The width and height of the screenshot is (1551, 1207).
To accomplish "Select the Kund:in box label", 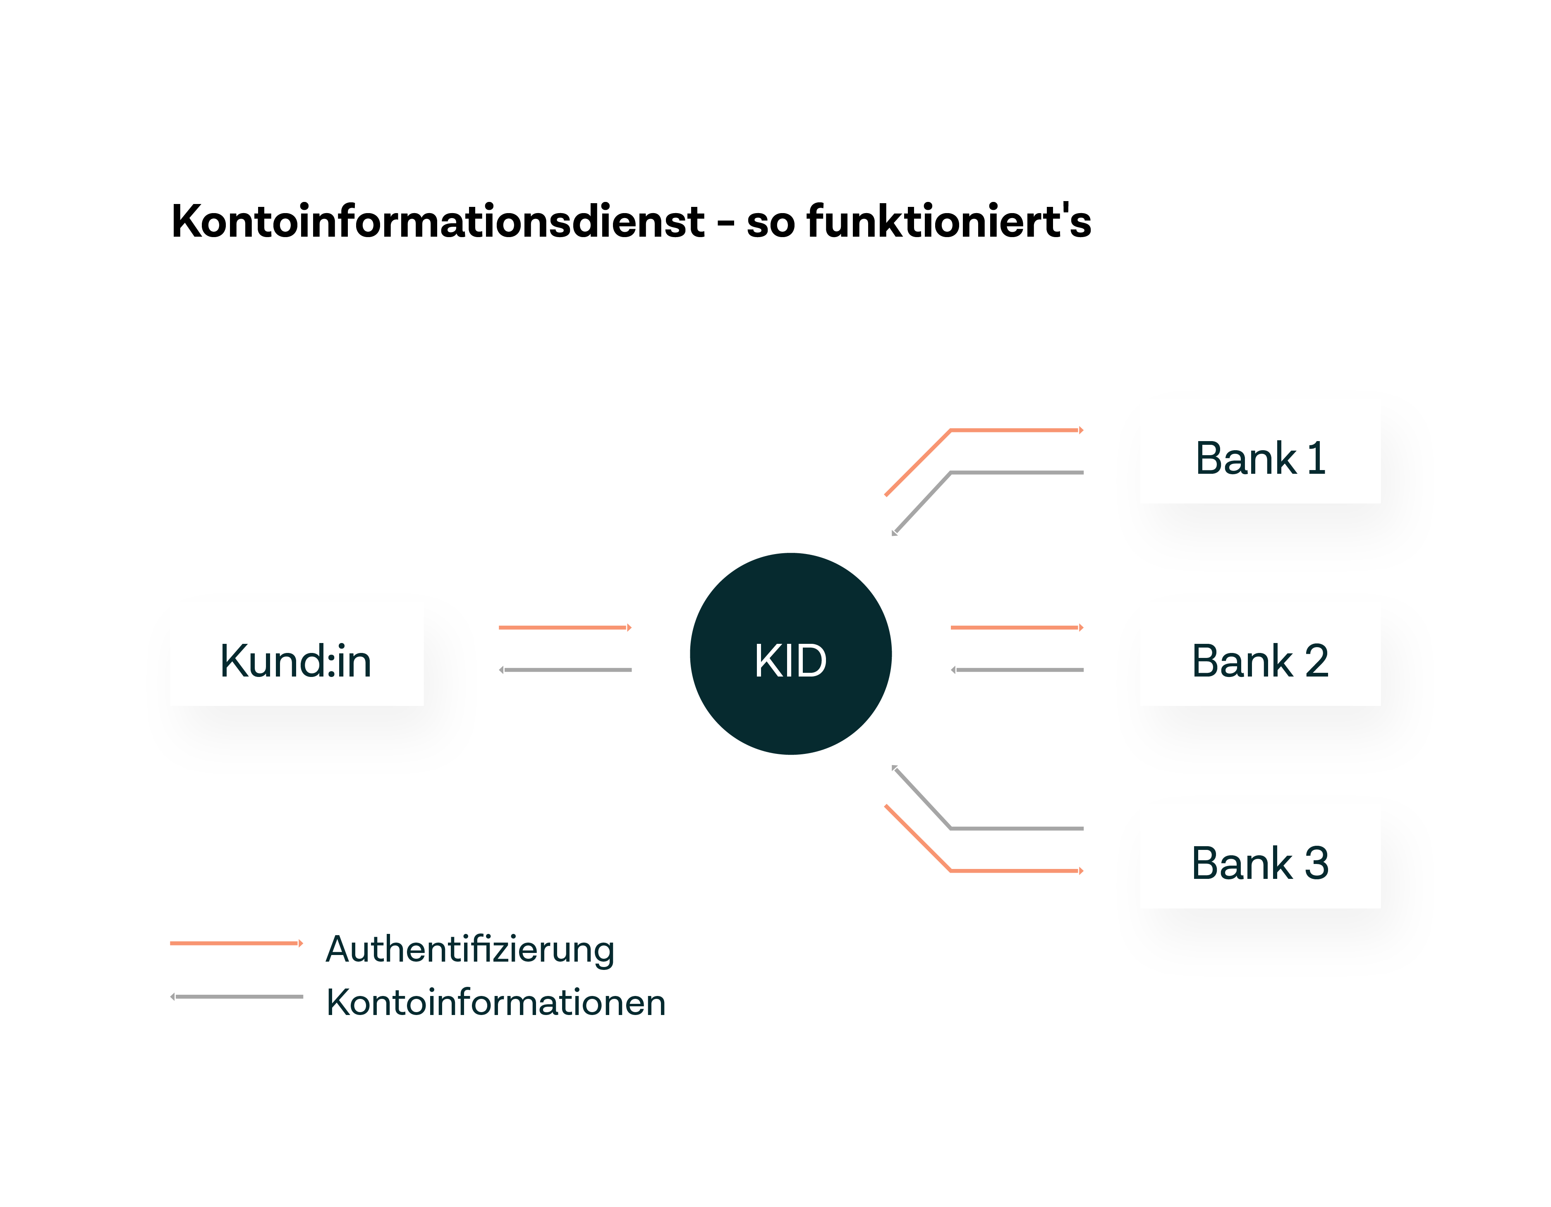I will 295,661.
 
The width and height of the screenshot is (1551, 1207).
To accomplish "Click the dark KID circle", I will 790,654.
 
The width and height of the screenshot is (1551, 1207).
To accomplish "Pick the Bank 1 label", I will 1261,458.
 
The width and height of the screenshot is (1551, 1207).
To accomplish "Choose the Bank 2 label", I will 1261,661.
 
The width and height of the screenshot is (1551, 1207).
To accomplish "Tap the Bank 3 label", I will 1261,863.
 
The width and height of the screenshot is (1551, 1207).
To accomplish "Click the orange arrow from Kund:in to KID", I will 565,627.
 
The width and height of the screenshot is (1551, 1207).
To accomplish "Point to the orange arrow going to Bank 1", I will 1015,430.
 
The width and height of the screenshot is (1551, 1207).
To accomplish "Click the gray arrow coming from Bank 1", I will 1015,473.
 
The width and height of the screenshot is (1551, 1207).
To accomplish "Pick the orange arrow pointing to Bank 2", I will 1015,627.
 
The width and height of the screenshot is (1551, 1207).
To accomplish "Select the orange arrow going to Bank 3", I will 1015,870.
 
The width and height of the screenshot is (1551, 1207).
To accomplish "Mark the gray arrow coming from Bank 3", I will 1015,828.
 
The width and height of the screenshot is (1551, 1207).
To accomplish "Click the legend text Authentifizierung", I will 469,949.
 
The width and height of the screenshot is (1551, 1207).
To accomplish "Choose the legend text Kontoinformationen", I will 495,1003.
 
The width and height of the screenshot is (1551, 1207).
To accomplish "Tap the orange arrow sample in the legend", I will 236,943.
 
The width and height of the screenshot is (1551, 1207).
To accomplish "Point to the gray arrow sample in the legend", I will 236,997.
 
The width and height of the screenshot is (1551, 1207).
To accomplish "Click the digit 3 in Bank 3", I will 1316,863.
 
